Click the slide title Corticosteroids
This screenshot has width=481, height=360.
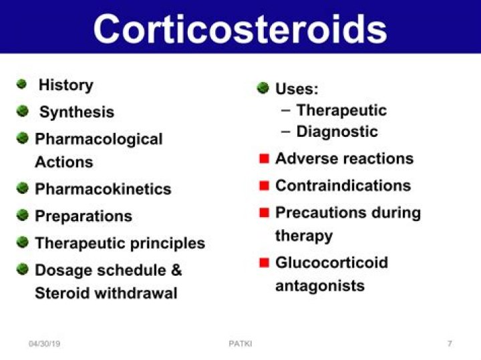click(x=240, y=28)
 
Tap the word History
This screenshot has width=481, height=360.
click(x=65, y=85)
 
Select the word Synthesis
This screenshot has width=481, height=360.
click(x=76, y=113)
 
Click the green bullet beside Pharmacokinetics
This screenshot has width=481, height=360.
click(x=23, y=188)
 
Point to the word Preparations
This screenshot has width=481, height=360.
click(x=84, y=216)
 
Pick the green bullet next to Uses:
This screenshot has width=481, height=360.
click(x=263, y=87)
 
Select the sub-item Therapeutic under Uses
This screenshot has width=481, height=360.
click(x=341, y=110)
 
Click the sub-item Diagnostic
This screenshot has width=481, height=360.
click(x=337, y=132)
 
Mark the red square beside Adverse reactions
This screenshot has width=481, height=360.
click(x=264, y=159)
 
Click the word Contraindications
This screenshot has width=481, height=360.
click(x=343, y=186)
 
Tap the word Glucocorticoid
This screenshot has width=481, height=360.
click(x=331, y=262)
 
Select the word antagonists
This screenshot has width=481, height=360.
click(x=320, y=286)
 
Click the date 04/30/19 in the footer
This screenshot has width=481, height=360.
click(x=45, y=344)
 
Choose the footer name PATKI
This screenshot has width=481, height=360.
click(x=240, y=344)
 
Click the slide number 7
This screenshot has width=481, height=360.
click(x=450, y=344)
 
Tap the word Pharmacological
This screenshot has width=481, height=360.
click(x=99, y=140)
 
